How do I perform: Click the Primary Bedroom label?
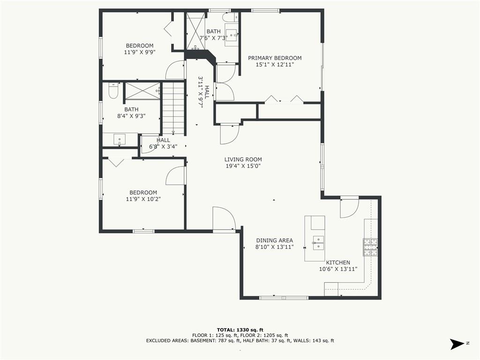click(275, 58)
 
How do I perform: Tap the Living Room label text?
click(243, 159)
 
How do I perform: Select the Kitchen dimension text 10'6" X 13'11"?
click(338, 269)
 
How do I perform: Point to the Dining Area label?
click(275, 240)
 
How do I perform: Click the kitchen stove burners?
click(370, 247)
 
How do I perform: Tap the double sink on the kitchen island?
click(318, 243)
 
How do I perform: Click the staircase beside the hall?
click(173, 109)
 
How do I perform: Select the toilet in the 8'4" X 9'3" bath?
click(113, 90)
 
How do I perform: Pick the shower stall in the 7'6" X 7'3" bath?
click(195, 31)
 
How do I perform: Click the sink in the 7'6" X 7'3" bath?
click(231, 37)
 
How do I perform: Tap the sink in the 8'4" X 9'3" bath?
click(120, 139)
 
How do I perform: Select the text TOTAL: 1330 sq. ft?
click(240, 330)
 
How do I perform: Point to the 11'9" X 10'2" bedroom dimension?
click(143, 199)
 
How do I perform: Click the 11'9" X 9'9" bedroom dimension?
click(140, 52)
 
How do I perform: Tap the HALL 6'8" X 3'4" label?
click(163, 143)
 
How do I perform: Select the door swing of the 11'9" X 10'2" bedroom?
click(176, 176)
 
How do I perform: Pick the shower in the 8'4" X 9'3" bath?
click(142, 90)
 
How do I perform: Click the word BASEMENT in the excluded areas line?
click(204, 340)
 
